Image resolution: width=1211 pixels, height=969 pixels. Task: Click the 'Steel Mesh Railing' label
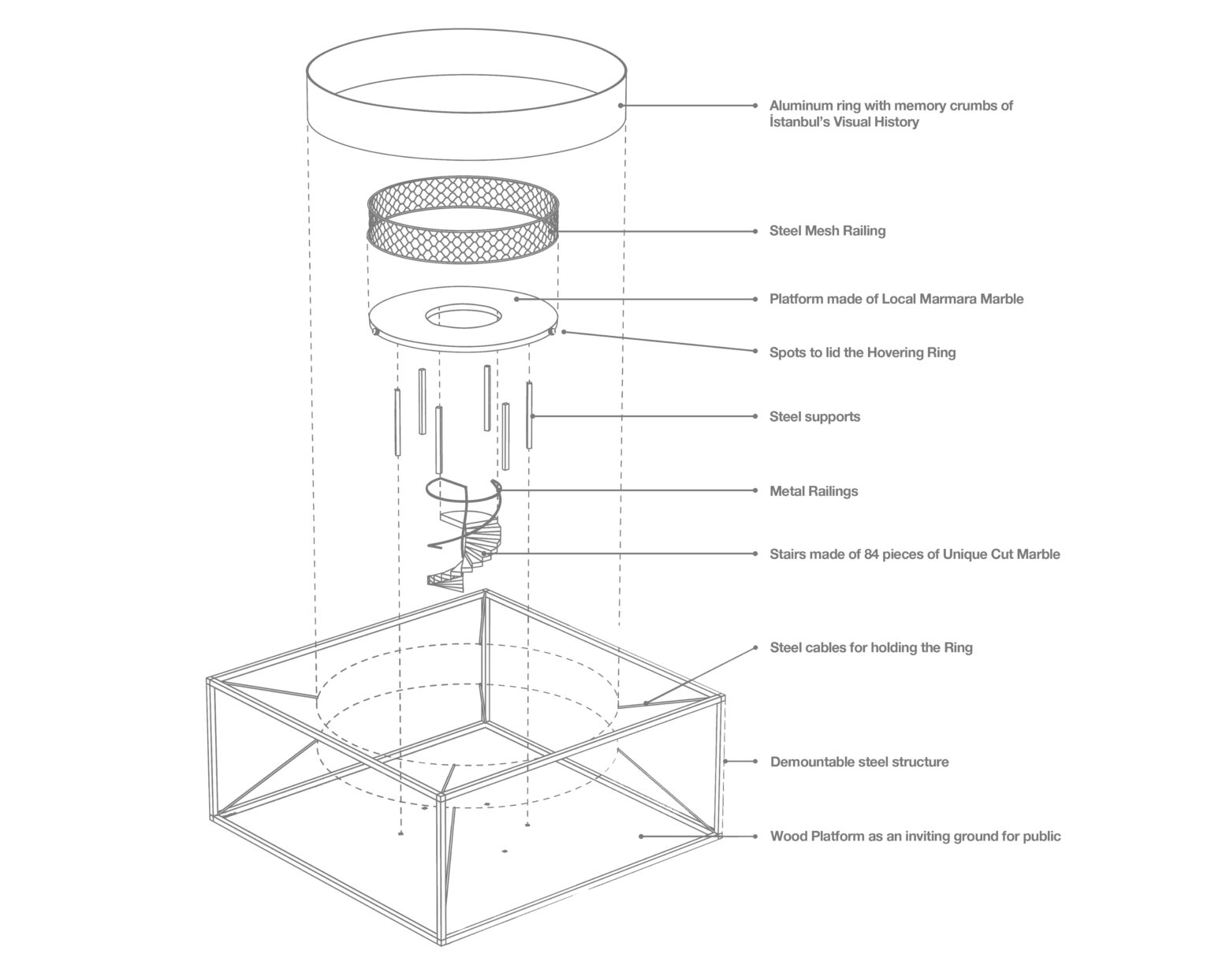827,231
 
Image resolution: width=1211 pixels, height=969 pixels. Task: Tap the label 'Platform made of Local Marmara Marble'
896,299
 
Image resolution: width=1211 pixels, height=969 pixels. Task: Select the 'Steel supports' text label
814,416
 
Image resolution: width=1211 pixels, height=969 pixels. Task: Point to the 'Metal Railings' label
814,491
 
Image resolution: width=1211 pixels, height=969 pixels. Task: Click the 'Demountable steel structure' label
859,762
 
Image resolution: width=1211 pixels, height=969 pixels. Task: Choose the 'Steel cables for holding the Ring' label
871,647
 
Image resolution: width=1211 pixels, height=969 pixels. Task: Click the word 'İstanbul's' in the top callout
799,122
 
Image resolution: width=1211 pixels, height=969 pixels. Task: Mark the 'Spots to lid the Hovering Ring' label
863,352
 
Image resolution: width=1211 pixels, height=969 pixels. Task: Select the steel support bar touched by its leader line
529,416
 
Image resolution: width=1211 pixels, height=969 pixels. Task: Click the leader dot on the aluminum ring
620,105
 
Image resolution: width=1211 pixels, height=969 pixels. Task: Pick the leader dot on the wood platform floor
641,836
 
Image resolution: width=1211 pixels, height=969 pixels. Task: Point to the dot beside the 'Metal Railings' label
755,490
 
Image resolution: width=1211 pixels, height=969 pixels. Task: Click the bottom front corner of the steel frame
439,942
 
